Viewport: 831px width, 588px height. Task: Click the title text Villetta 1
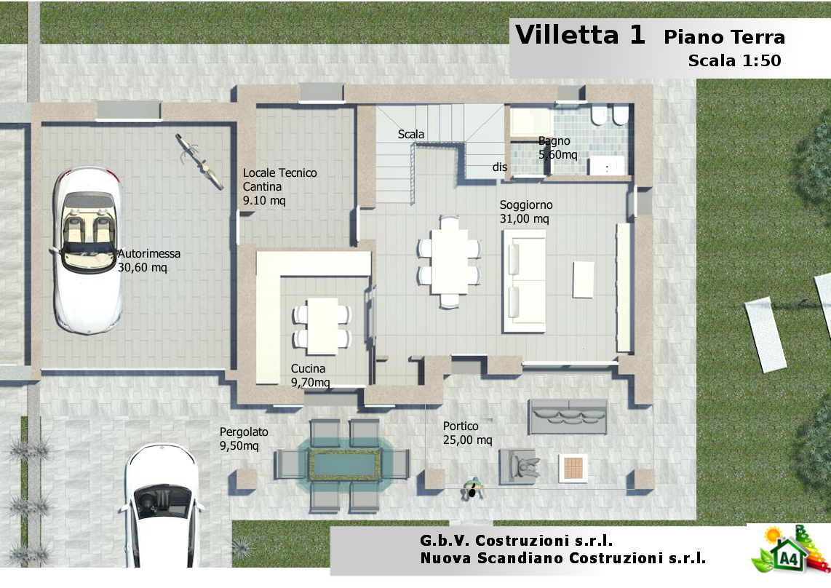point(580,35)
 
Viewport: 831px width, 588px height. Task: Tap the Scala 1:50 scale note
point(734,60)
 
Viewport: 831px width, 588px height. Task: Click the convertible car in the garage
point(88,250)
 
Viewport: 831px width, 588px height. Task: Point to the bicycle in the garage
point(199,161)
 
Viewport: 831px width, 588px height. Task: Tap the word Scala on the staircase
point(410,134)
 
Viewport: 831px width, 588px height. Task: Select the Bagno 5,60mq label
point(557,148)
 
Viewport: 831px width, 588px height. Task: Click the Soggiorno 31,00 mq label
point(525,212)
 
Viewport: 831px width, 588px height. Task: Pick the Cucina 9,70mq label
point(310,376)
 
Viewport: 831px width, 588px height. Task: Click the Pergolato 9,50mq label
point(244,439)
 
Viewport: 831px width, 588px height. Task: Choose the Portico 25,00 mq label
point(467,433)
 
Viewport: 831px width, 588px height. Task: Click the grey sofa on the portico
point(568,416)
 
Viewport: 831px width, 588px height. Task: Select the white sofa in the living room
point(524,280)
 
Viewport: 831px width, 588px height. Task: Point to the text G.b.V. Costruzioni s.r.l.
point(516,540)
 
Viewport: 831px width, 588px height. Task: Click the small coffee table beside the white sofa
point(583,279)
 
